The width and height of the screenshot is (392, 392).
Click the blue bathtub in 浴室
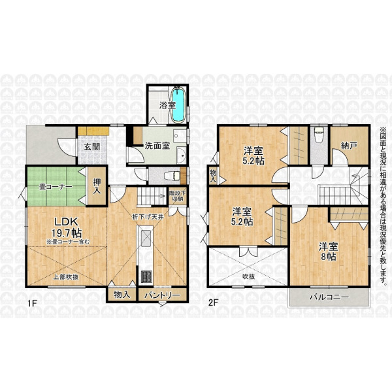coord(178,105)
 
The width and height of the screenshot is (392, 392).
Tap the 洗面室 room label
coord(157,146)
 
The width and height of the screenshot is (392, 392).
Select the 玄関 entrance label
coord(92,147)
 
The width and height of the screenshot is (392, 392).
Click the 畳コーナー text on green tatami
coord(56,186)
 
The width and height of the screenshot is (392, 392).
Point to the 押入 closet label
coord(97,186)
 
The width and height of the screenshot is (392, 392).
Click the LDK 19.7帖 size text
coord(67,227)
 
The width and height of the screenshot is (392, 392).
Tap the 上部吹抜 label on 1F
coord(67,277)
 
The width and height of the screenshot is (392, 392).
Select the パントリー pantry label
coord(162,295)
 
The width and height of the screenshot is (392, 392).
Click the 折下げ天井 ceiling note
coord(148,218)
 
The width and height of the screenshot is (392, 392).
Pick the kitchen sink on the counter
coord(146,238)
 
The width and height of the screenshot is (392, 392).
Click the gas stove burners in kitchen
coord(146,277)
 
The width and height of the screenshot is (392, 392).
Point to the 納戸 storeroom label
coord(349,146)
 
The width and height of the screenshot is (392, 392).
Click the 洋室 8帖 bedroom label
coord(328,252)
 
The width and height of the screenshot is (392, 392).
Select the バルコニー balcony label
coord(329,297)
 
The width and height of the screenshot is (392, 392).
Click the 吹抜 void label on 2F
coord(248,277)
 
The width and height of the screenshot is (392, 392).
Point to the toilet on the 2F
coord(319,135)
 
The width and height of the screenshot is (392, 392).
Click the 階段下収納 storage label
coord(178,196)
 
